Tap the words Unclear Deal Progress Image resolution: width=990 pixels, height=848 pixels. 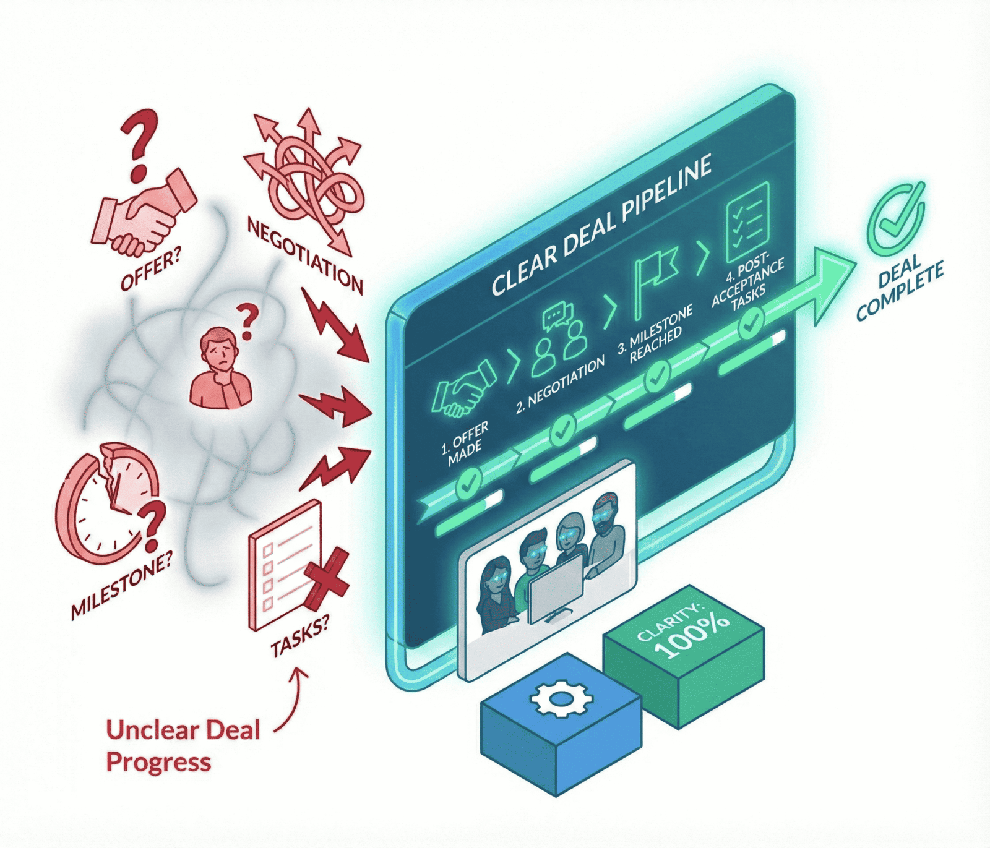point(182,745)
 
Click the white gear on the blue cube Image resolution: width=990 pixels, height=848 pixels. point(561,699)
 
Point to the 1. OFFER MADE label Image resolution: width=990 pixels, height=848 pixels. point(464,443)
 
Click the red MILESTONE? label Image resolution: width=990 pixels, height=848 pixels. point(121,584)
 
